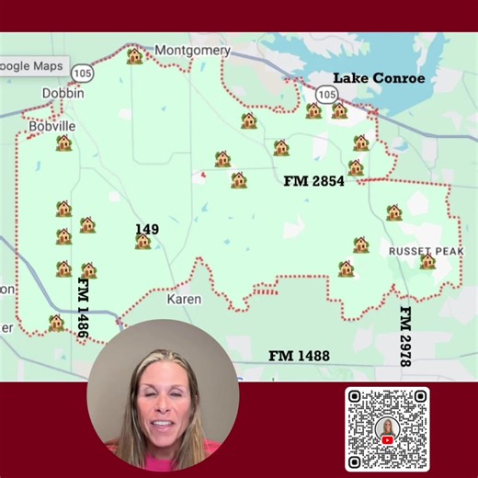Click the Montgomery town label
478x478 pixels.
click(192, 51)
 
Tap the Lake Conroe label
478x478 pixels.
click(379, 78)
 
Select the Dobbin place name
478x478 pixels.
click(63, 93)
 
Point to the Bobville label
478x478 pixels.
click(51, 126)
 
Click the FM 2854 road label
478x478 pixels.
click(313, 181)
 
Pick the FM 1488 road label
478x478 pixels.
click(299, 355)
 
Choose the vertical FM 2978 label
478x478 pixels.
click(404, 336)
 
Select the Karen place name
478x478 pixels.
click(184, 299)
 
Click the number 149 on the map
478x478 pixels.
click(146, 229)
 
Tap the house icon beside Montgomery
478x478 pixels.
click(134, 57)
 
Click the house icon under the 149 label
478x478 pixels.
click(142, 242)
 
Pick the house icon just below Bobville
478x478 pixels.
click(63, 142)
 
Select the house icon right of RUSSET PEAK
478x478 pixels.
click(427, 262)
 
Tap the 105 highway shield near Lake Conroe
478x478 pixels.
click(326, 94)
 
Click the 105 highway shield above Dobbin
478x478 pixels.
click(82, 73)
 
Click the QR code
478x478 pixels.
click(387, 428)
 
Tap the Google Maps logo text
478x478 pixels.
click(32, 66)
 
